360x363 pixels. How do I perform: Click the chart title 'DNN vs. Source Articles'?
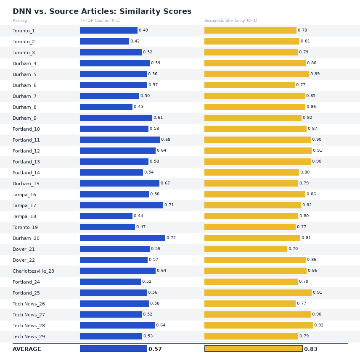[102, 12]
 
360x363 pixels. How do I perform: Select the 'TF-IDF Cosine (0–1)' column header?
[100, 21]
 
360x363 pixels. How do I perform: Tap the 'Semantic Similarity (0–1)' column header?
[230, 21]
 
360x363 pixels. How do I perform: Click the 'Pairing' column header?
[20, 21]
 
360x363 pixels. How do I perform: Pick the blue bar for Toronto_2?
[104, 42]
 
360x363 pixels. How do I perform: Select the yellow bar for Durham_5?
[257, 74]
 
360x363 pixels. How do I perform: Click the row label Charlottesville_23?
[33, 271]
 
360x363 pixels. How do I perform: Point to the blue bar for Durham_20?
[122, 238]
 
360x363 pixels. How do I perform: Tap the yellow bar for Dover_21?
[246, 249]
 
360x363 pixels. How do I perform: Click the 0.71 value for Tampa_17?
[169, 205]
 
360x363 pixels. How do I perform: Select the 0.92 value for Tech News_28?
[319, 326]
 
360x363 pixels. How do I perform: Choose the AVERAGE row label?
[27, 349]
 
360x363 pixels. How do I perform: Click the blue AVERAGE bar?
[113, 349]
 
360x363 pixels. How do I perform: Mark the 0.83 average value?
[311, 349]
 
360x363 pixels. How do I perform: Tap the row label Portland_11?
[26, 140]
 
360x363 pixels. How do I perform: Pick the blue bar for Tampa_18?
[106, 216]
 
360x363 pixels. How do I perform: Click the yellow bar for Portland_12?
[258, 151]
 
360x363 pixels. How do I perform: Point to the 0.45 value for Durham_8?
[138, 107]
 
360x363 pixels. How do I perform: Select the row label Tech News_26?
[29, 304]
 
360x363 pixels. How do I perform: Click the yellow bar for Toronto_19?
[250, 227]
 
